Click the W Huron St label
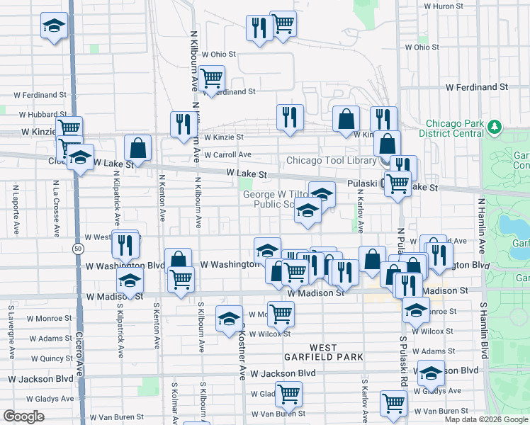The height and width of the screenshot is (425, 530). tap(444, 6)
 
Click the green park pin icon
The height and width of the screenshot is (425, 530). tap(494, 127)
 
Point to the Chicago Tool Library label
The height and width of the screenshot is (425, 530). tap(331, 161)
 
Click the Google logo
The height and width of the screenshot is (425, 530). tap(24, 416)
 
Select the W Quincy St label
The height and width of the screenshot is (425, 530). tap(51, 359)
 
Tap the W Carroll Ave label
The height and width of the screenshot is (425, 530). tap(227, 154)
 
